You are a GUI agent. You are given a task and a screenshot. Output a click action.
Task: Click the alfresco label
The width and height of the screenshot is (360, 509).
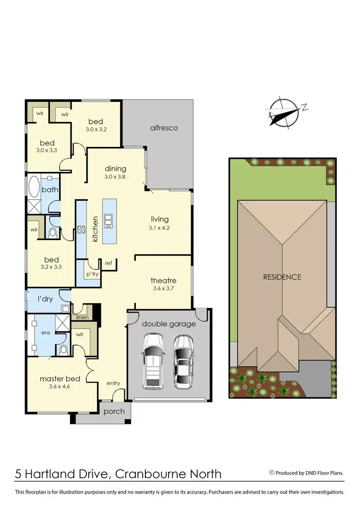click(164, 128)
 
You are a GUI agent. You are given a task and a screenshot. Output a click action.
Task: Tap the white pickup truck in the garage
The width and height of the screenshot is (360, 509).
click(153, 362)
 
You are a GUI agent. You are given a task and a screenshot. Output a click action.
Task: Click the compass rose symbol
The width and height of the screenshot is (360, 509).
click(284, 112)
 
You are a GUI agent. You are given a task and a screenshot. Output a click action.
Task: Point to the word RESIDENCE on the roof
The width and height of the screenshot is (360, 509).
click(282, 277)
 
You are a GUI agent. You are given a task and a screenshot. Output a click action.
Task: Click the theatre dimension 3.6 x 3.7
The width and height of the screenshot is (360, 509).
click(164, 289)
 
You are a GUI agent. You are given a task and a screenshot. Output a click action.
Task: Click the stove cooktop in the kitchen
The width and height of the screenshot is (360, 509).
click(81, 230)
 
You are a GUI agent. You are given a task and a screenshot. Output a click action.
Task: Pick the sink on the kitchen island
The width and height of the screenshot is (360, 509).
click(109, 220)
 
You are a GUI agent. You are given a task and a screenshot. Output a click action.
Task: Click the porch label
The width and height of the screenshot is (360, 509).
click(114, 411)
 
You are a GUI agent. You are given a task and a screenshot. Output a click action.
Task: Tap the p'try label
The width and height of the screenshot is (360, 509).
click(92, 274)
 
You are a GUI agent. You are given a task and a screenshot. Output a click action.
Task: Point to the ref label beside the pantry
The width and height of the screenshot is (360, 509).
click(108, 263)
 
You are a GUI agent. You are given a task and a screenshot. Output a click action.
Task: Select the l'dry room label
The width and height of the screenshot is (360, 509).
click(46, 299)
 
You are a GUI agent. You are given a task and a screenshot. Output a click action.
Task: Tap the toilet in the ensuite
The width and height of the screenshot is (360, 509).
click(62, 350)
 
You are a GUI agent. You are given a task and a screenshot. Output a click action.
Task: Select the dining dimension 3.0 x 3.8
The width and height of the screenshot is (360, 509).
click(115, 177)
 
